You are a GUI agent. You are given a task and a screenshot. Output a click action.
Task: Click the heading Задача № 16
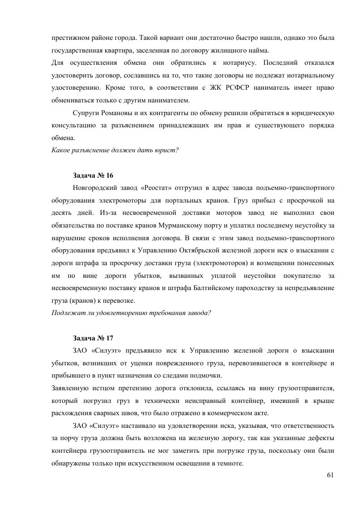94,175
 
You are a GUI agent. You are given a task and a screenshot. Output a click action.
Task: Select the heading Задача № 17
94,338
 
